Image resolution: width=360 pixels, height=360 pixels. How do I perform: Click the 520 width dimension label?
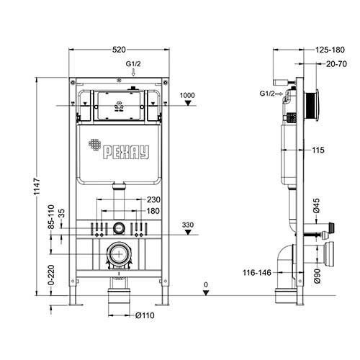(119, 50)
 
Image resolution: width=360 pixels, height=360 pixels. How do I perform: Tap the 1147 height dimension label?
(37, 186)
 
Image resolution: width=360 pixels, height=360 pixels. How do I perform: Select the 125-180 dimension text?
(330, 50)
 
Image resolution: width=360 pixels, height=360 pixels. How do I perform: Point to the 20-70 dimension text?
(336, 64)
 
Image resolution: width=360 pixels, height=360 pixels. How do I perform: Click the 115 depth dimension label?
(318, 150)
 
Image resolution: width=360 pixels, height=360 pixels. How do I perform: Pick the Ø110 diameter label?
(145, 315)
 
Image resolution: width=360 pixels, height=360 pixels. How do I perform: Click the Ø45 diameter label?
(316, 205)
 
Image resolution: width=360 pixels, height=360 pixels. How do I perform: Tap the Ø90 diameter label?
(317, 276)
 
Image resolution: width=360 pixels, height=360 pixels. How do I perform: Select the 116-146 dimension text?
(257, 273)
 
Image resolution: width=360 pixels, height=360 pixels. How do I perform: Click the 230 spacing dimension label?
(153, 199)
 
